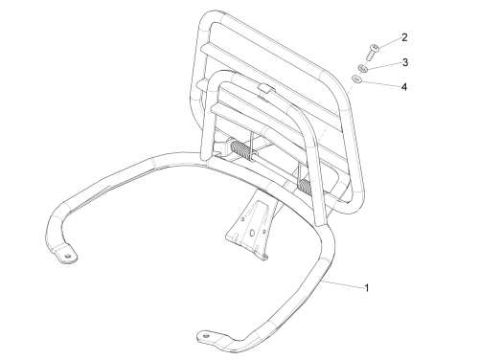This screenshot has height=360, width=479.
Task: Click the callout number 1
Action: pos(367,288)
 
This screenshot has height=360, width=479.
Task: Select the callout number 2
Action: pos(404,37)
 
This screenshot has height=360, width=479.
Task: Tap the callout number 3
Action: pos(405,62)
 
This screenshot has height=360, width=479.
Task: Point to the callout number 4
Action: pos(404,86)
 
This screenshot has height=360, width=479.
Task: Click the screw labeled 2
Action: pos(372,53)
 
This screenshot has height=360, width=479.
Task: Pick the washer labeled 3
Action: pos(362,68)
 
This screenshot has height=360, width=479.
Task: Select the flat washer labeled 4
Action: pos(356,79)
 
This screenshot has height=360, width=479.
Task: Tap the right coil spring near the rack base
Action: pos(306,186)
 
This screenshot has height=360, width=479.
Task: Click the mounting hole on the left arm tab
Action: pos(67,257)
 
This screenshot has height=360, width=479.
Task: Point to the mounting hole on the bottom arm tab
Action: pos(206,336)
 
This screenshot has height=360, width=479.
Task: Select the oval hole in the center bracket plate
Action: pos(252,234)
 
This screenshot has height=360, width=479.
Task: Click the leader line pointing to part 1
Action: pos(343,284)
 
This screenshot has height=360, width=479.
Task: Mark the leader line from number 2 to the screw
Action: pos(389,44)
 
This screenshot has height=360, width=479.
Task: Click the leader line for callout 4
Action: pos(380,83)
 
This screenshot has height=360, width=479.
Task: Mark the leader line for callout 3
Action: pos(384,65)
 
